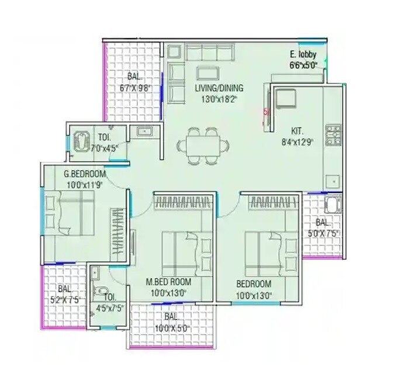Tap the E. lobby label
click(x=303, y=56)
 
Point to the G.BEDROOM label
click(x=85, y=174)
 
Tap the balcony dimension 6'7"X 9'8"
click(x=136, y=88)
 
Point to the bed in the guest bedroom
click(x=69, y=213)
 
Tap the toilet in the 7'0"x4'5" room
click(x=81, y=140)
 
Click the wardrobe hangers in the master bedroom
click(x=182, y=203)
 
